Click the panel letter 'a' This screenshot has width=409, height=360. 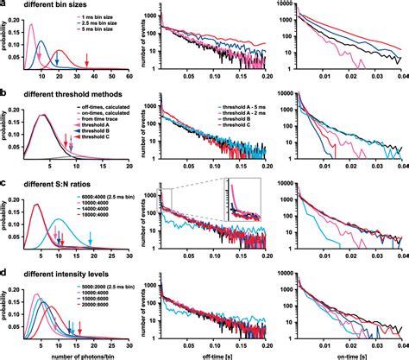[x=4, y=5]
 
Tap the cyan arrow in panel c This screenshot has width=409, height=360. [x=90, y=231]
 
